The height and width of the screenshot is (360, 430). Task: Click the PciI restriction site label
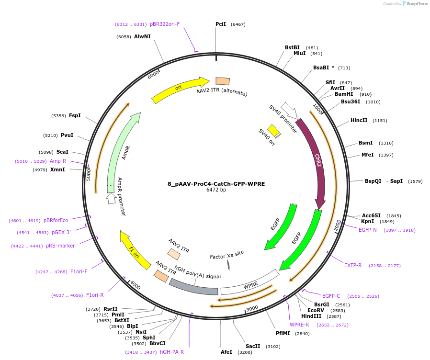[221, 24]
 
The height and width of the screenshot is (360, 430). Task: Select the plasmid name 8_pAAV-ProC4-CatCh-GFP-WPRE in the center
[216, 184]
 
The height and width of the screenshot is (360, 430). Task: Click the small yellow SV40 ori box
[273, 130]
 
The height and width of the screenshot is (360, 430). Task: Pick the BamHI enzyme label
[344, 94]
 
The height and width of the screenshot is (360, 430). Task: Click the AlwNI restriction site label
[142, 36]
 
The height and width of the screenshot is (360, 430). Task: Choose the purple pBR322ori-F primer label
[165, 24]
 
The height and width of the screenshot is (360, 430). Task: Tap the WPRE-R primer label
[299, 325]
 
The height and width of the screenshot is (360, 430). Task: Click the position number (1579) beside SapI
[415, 181]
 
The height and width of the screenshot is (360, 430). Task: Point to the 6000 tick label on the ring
[153, 74]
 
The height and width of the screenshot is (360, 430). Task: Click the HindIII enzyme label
[311, 316]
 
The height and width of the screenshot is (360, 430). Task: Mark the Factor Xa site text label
[227, 257]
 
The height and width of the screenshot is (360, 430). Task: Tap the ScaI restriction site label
[62, 152]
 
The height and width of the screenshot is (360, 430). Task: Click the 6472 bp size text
[216, 190]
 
